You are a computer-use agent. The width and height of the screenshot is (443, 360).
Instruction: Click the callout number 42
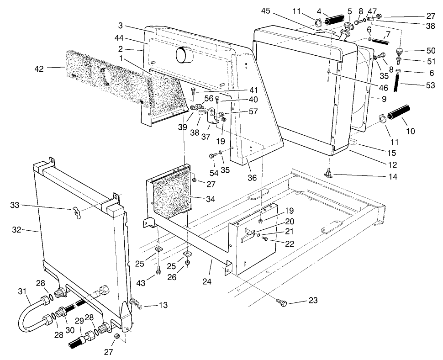(40, 69)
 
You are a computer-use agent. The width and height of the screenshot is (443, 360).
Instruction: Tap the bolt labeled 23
(282, 303)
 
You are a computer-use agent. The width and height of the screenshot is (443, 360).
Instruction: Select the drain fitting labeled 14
(328, 174)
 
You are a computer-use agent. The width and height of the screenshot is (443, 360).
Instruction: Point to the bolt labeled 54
(213, 156)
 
